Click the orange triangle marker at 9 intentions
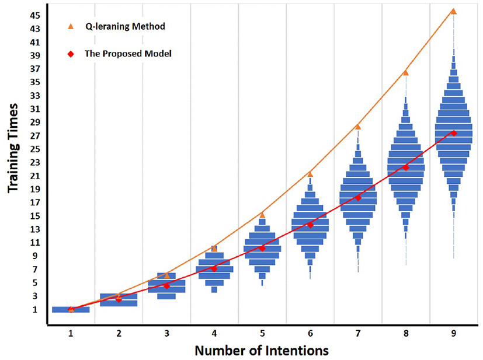click(453, 11)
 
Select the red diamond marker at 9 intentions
click(453, 134)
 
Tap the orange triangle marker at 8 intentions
click(405, 72)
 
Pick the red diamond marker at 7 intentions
click(358, 198)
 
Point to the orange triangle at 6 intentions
click(310, 174)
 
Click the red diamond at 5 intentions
click(262, 249)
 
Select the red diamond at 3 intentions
click(166, 286)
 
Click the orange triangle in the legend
click(71, 26)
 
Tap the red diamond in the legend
click(71, 54)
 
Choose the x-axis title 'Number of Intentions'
click(261, 351)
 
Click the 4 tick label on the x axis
click(214, 333)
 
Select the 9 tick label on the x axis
click(453, 333)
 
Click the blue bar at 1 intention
click(71, 310)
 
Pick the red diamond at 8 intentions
click(405, 167)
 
